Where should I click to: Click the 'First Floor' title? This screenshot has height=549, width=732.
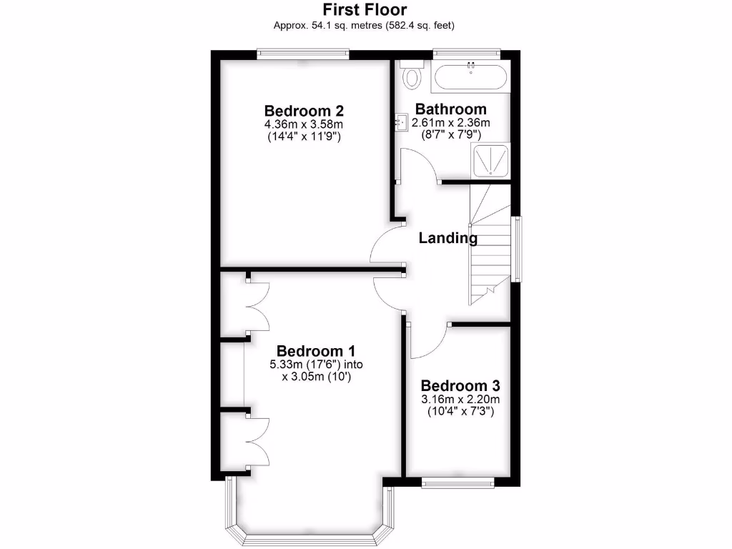coord(365,10)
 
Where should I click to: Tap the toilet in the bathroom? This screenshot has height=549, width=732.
coord(412,74)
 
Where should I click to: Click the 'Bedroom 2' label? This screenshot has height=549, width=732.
coord(305,111)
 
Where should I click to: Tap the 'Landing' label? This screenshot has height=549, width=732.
coord(447,238)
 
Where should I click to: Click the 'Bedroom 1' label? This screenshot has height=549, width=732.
coord(316,351)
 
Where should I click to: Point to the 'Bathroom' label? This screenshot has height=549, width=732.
coord(451,109)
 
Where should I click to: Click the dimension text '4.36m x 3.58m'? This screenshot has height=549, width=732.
coord(305,124)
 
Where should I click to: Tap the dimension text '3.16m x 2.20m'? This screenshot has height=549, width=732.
coord(460,399)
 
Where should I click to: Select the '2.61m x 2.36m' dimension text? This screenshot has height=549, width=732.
coord(451,122)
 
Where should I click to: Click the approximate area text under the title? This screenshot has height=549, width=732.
coord(365,26)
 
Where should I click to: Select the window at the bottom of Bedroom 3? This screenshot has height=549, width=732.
coord(457,482)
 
